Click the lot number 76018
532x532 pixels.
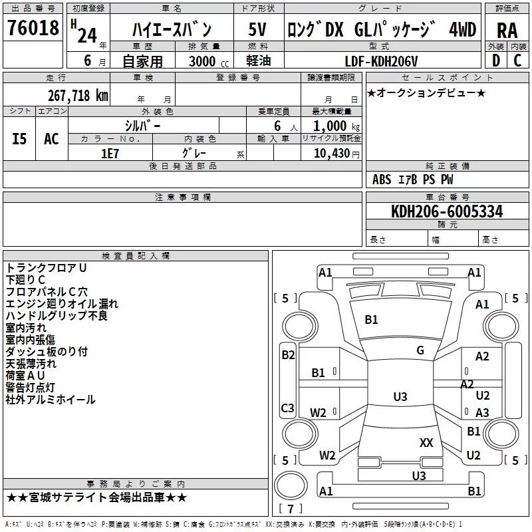[x=33, y=27]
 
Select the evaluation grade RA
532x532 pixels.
[x=507, y=31]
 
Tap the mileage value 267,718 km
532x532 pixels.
[x=78, y=96]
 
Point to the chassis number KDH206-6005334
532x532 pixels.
[x=447, y=211]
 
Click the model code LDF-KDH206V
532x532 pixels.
[x=381, y=61]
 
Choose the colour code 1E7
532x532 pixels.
[x=110, y=154]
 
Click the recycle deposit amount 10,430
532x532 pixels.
[x=332, y=154]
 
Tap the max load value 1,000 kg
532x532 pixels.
[x=336, y=126]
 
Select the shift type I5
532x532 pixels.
[x=19, y=139]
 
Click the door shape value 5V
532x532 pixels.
[x=257, y=29]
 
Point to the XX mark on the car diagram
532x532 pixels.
[x=426, y=443]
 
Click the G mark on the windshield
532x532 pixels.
[x=420, y=350]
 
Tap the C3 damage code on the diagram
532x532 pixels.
[x=287, y=408]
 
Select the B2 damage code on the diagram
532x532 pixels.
[x=288, y=355]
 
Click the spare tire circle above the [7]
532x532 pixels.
[x=291, y=485]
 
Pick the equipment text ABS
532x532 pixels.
[x=382, y=180]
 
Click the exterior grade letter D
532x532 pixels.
[x=496, y=61]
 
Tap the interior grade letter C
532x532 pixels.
[x=517, y=61]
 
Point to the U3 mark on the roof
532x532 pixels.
[x=400, y=396]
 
